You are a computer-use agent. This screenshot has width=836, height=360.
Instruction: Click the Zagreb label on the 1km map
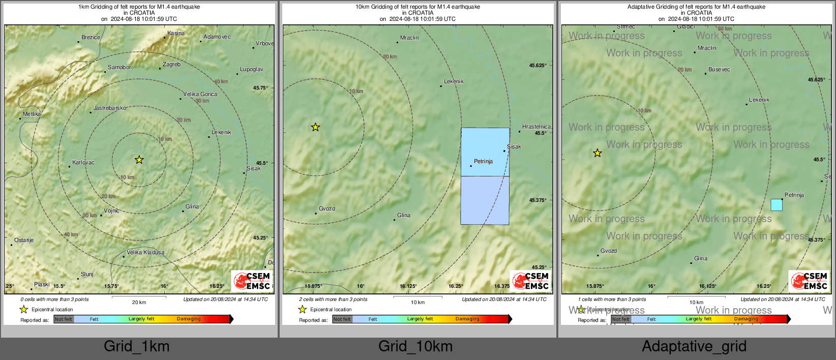pyautogui.click(x=171, y=65)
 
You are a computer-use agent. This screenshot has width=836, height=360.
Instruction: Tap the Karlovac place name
pyautogui.click(x=83, y=163)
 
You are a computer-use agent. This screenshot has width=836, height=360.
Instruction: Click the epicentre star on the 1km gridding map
pyautogui.click(x=139, y=160)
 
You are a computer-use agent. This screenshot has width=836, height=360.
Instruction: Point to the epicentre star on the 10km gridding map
pyautogui.click(x=315, y=127)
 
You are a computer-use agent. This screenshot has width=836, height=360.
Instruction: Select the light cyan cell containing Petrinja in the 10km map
pyautogui.click(x=485, y=152)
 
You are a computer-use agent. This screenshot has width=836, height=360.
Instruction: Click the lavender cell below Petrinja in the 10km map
pyautogui.click(x=485, y=200)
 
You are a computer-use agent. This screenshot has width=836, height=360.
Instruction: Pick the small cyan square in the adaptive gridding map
pyautogui.click(x=777, y=205)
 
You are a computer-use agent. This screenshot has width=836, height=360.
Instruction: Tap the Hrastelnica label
pyautogui.click(x=536, y=127)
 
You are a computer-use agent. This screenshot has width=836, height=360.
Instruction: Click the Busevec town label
pyautogui.click(x=719, y=70)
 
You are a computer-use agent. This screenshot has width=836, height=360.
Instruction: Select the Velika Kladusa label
pyautogui.click(x=145, y=253)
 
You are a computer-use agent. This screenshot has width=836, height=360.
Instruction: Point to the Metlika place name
pyautogui.click(x=32, y=114)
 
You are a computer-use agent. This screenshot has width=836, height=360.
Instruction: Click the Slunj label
pyautogui.click(x=87, y=275)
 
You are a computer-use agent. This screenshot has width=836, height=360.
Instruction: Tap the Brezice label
pyautogui.click(x=91, y=38)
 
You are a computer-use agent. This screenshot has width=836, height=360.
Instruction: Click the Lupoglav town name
pyautogui.click(x=252, y=70)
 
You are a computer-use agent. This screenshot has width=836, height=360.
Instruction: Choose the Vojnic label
pyautogui.click(x=112, y=211)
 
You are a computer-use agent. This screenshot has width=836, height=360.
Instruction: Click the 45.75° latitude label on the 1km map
pyautogui.click(x=260, y=88)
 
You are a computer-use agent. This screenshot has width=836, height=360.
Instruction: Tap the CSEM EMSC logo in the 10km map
pyautogui.click(x=530, y=281)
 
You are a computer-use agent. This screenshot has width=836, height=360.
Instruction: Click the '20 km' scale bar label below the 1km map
pyautogui.click(x=139, y=303)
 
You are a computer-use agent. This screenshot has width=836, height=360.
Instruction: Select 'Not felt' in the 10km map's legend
pyautogui.click(x=342, y=319)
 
